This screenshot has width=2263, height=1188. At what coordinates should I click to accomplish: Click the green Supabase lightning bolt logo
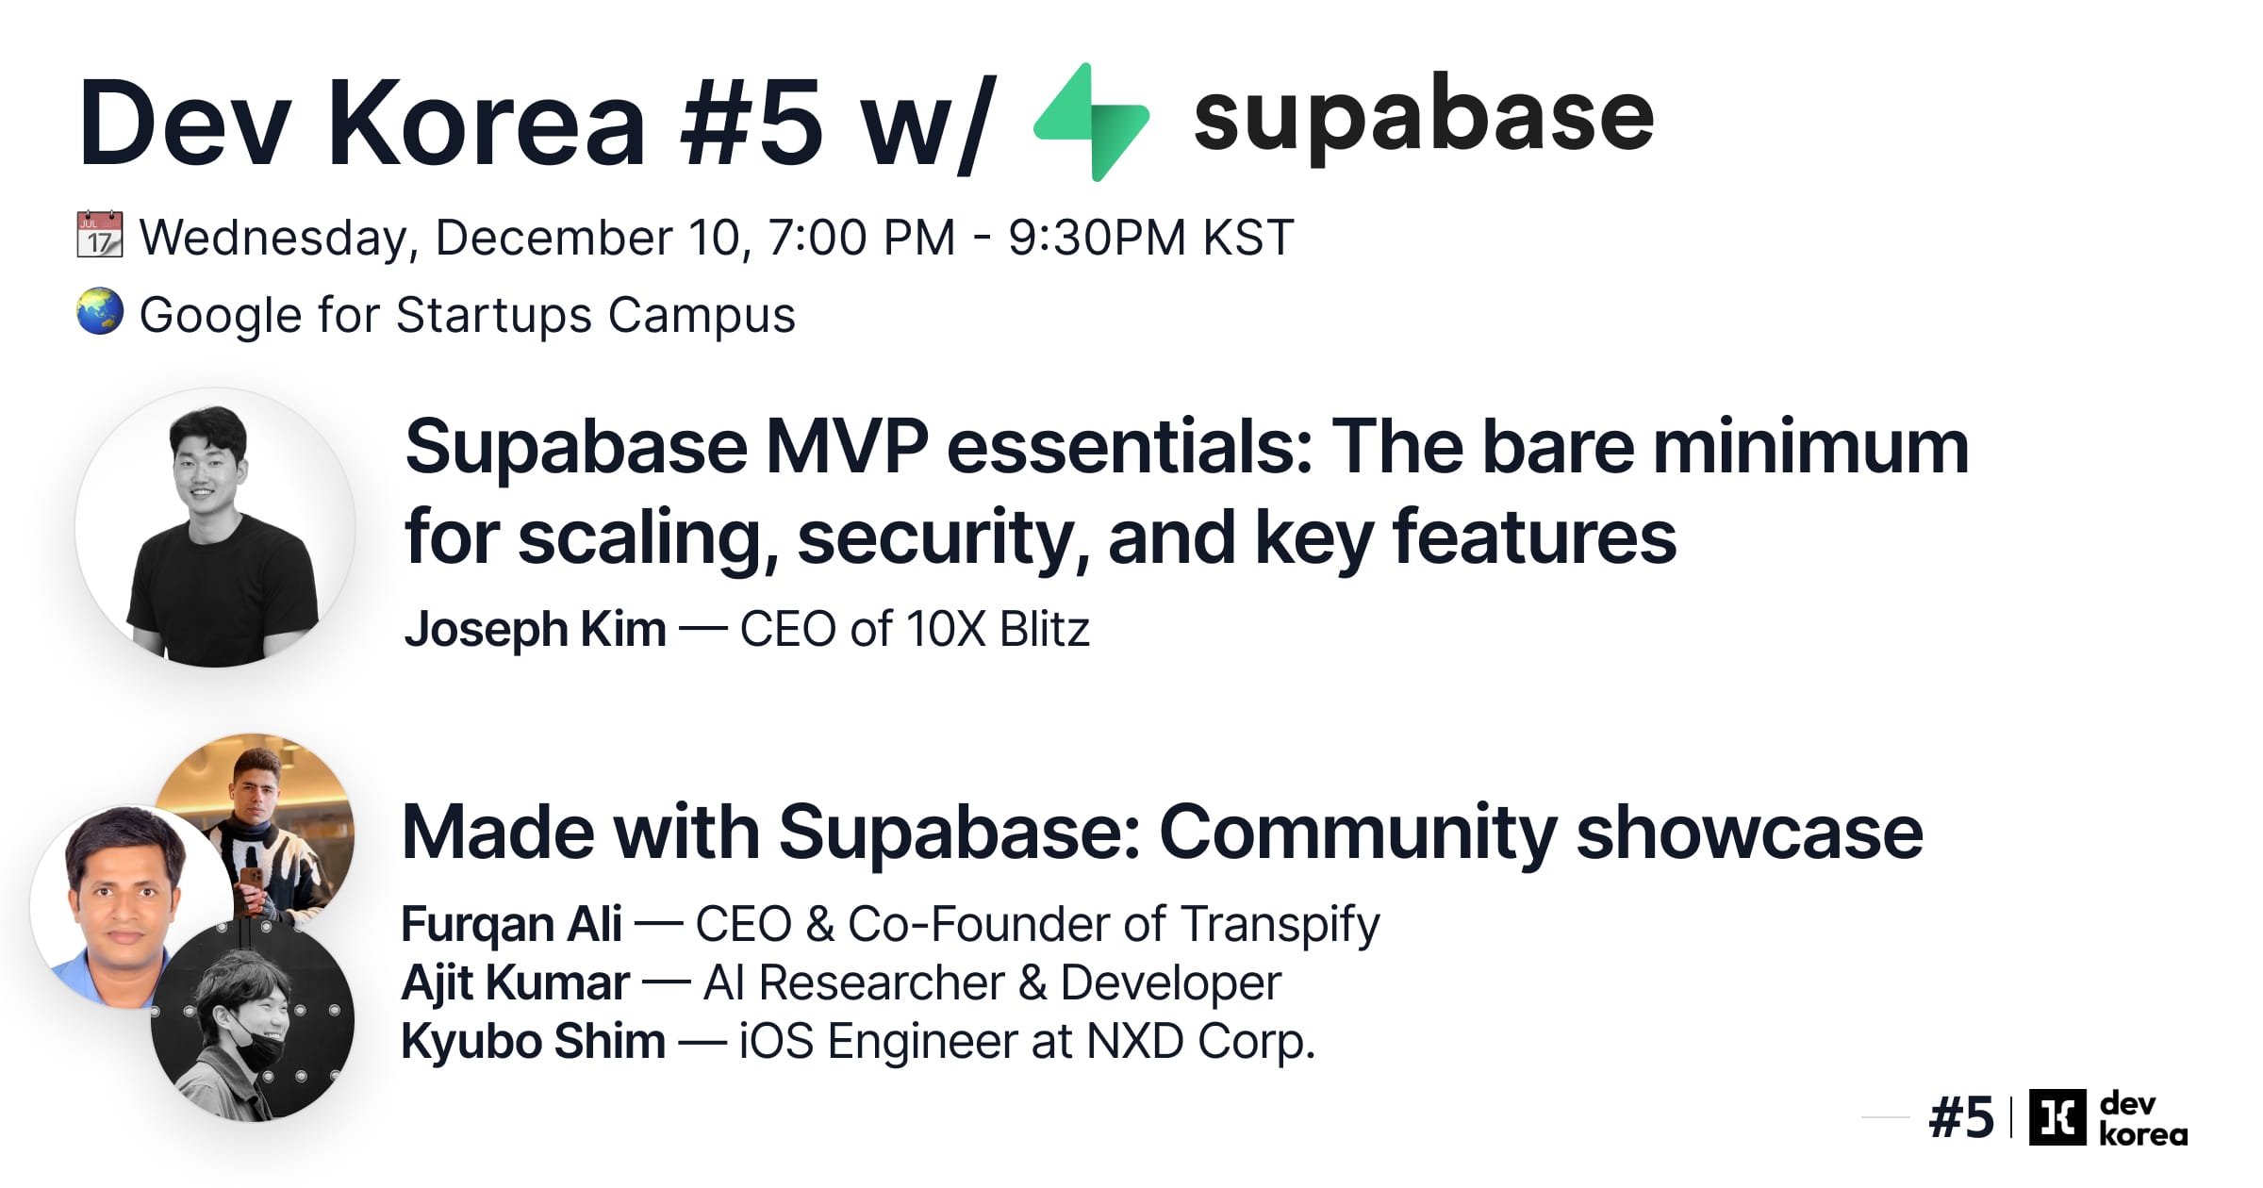(1092, 123)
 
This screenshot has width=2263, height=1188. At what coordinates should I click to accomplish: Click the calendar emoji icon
(99, 234)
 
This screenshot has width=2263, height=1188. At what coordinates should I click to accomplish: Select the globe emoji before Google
(99, 312)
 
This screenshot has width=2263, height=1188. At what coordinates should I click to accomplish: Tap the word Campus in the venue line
(702, 316)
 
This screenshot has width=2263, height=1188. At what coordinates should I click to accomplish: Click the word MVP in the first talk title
(846, 448)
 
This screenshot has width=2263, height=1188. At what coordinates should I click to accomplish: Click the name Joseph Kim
(535, 630)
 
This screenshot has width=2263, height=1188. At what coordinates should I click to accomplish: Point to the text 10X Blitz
(997, 630)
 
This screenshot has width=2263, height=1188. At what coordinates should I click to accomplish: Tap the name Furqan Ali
(510, 924)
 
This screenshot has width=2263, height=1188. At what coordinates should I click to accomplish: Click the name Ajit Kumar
(515, 983)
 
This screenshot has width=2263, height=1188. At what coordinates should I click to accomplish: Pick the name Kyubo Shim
(533, 1042)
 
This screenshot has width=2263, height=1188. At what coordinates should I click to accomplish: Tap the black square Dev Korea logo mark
(2057, 1117)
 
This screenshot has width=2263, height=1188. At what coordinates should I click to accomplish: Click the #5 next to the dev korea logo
(1961, 1118)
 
